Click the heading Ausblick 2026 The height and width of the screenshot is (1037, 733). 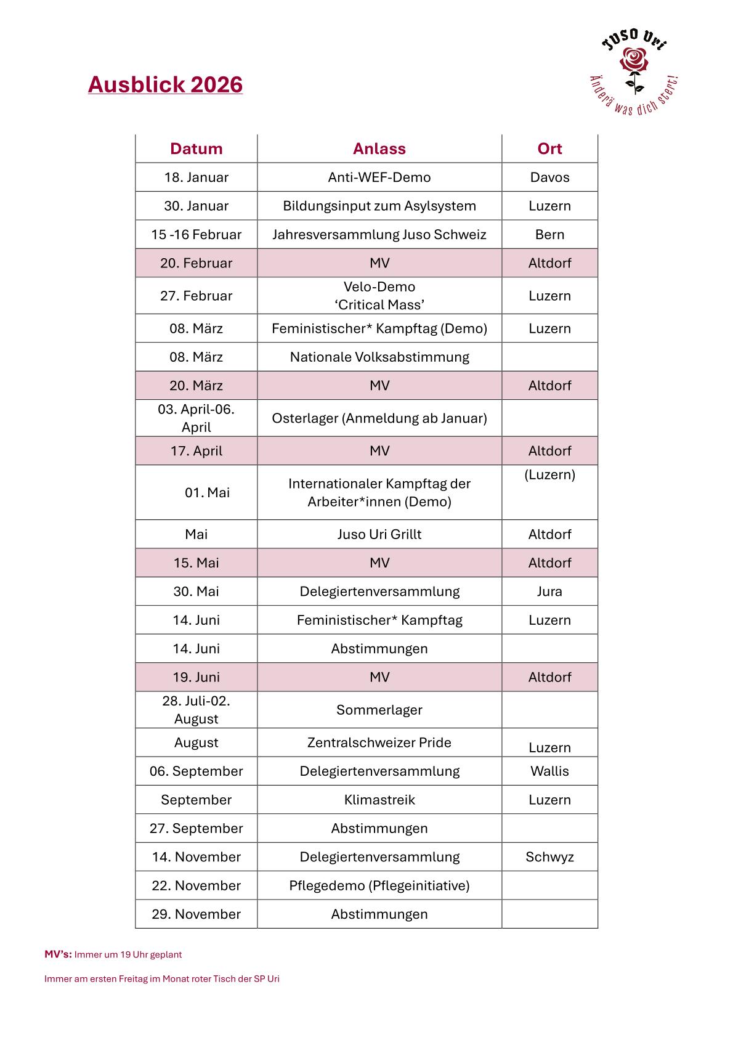click(165, 84)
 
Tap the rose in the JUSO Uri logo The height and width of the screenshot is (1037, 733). click(634, 62)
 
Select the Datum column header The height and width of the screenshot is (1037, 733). click(196, 148)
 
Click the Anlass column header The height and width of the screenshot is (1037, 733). click(379, 148)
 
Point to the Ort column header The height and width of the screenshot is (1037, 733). click(549, 148)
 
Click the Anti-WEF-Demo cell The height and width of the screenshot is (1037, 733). click(379, 177)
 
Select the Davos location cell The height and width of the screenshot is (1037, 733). click(549, 177)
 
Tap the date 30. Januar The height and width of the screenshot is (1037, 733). click(196, 206)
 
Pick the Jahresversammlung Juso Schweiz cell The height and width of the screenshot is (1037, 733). click(379, 235)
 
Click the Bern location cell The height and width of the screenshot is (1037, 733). click(549, 235)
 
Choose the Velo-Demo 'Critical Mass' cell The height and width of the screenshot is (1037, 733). click(379, 296)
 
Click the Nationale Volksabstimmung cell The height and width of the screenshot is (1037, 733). click(379, 357)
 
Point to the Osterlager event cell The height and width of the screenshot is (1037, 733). click(379, 418)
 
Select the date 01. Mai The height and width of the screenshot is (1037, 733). click(207, 492)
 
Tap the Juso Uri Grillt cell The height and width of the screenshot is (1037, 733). click(379, 534)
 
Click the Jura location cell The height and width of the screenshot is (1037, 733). click(549, 592)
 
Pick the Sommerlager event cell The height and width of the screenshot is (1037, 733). click(379, 710)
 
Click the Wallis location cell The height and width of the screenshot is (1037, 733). click(549, 771)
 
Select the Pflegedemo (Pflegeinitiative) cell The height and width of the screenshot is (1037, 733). click(379, 885)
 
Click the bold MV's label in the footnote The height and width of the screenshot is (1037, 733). click(58, 954)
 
